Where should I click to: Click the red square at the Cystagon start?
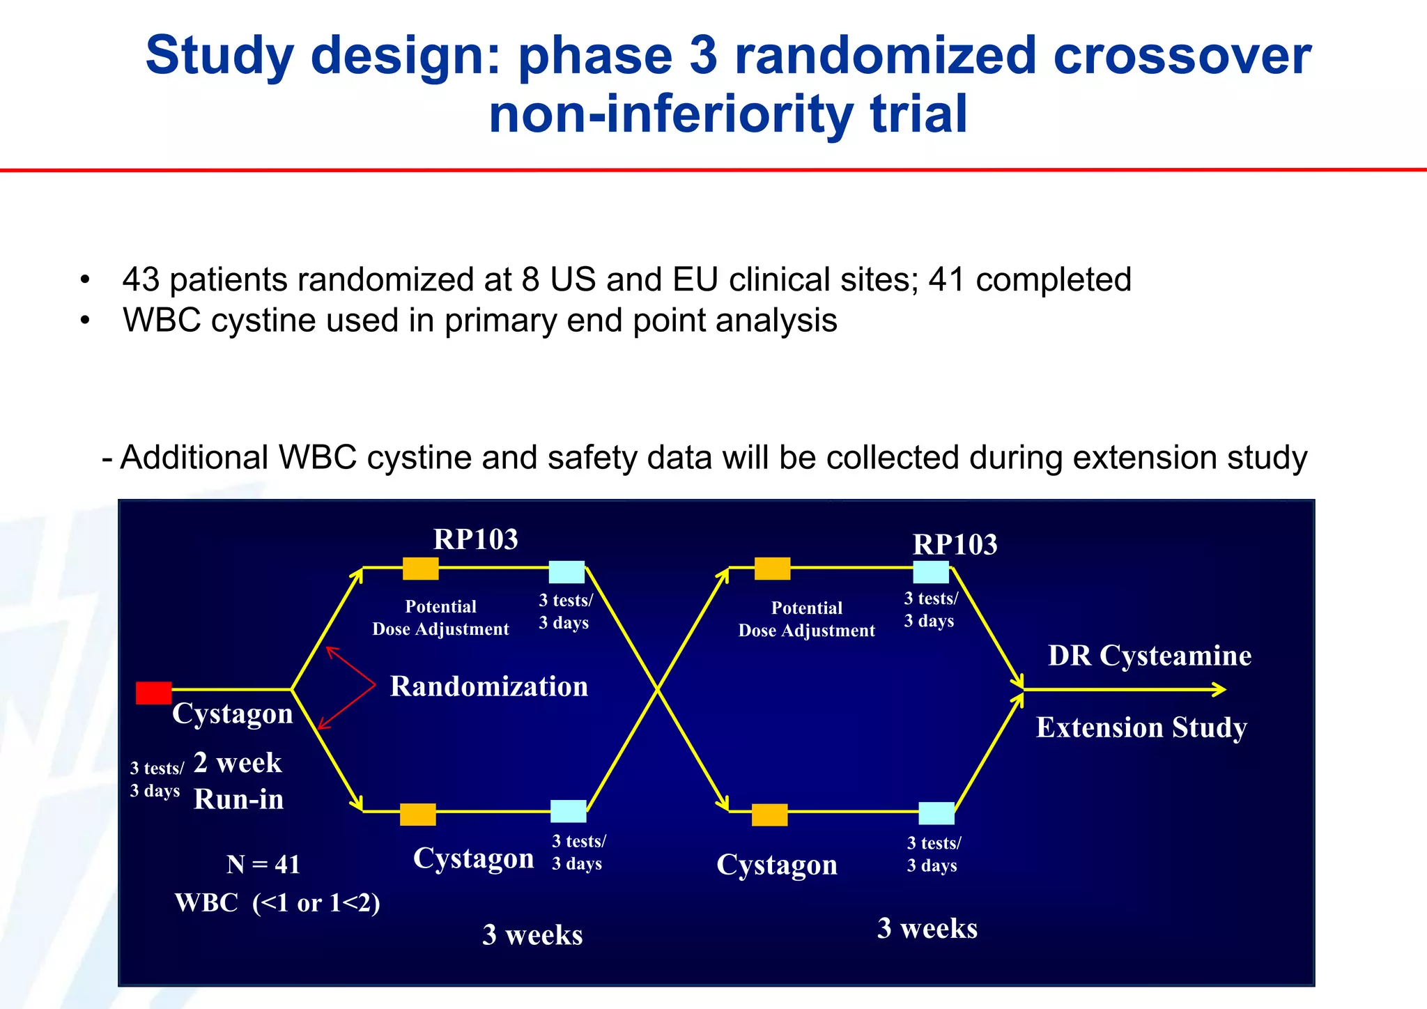point(153,693)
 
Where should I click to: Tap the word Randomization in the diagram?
point(488,686)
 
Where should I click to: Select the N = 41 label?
point(263,864)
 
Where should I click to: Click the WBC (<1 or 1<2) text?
point(277,902)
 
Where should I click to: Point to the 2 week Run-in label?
point(238,780)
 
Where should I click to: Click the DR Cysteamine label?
point(1149,656)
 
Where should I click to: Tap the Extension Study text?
point(1141,727)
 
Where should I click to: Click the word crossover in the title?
point(1182,56)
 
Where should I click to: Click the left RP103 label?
point(475,539)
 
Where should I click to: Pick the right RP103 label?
point(955,544)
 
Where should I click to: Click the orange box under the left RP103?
point(420,569)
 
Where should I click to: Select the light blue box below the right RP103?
point(931,572)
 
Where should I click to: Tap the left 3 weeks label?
point(532,934)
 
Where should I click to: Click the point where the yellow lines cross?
point(657,690)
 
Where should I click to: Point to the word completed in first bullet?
point(1053,279)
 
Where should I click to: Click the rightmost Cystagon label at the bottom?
point(776,865)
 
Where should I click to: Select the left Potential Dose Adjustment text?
point(440,617)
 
